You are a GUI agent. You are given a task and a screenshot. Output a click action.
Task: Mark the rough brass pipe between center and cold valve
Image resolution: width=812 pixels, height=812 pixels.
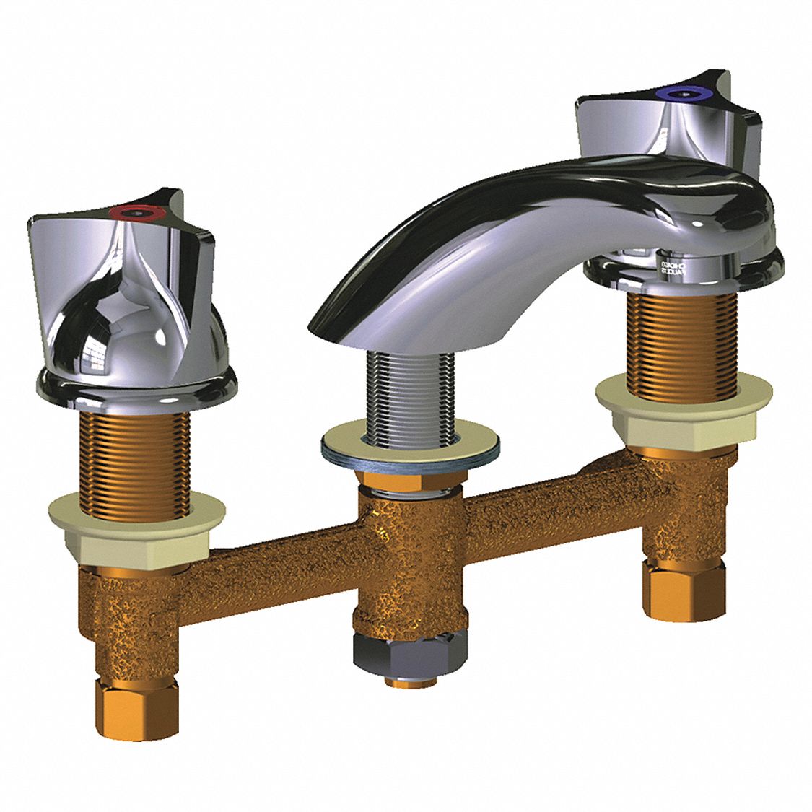tap(534, 498)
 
